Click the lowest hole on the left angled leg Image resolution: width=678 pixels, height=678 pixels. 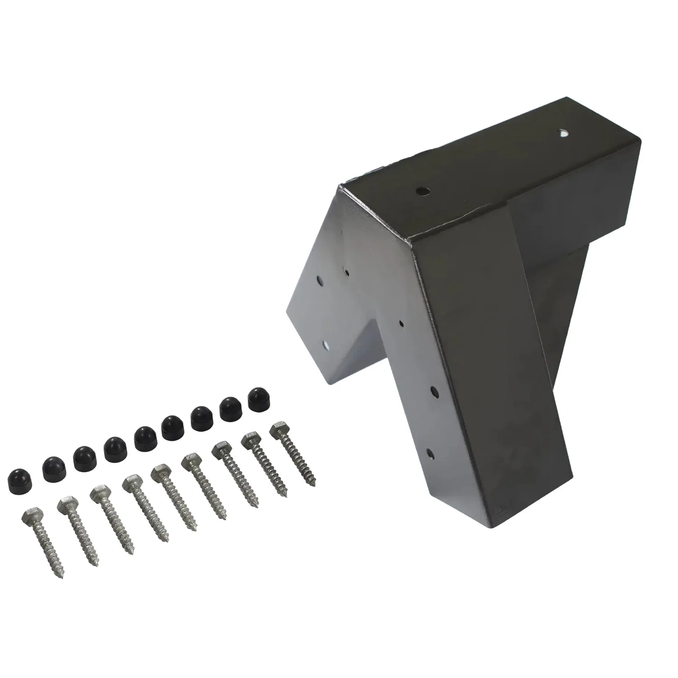click(326, 345)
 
